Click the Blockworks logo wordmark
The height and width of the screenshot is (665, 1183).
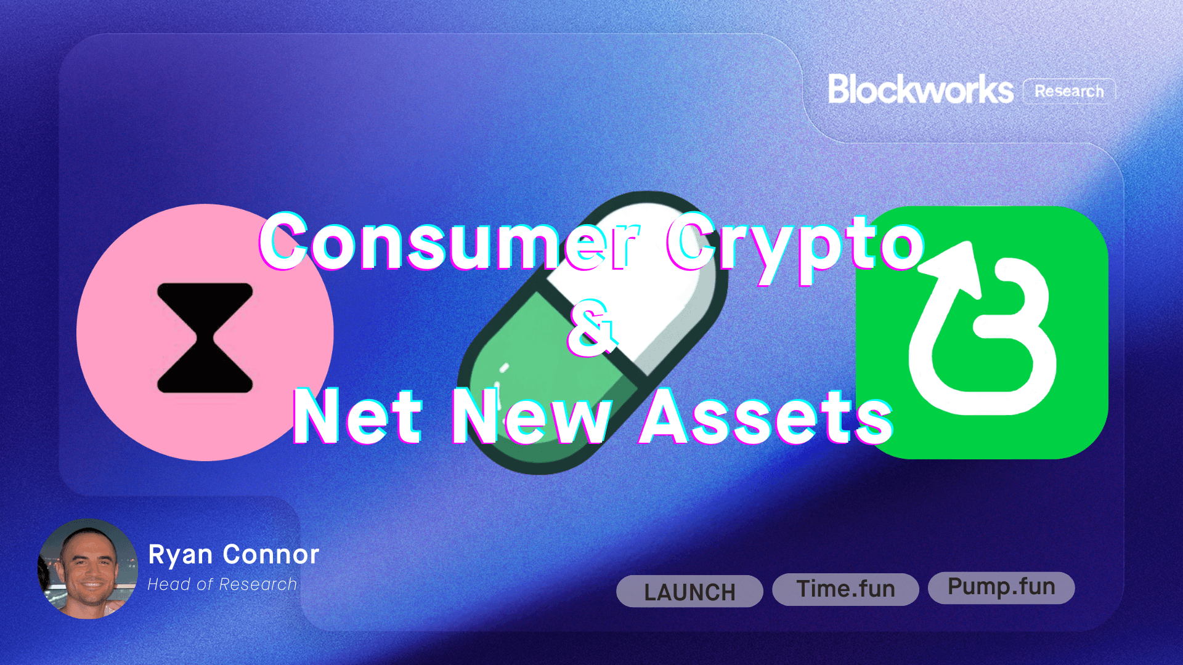[920, 90]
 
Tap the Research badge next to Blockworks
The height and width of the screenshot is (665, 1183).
[1069, 91]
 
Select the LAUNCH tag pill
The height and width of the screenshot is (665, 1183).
[689, 592]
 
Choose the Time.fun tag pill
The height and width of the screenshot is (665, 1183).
[845, 589]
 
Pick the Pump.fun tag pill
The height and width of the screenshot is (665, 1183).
[1001, 587]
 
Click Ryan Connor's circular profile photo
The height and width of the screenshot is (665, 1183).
[88, 569]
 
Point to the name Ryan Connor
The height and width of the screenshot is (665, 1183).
[234, 554]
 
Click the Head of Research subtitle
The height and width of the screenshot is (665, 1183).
[222, 584]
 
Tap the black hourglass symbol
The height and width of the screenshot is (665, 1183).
[205, 338]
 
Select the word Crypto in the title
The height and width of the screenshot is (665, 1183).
[795, 243]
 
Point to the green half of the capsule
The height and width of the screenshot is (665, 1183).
[542, 369]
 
